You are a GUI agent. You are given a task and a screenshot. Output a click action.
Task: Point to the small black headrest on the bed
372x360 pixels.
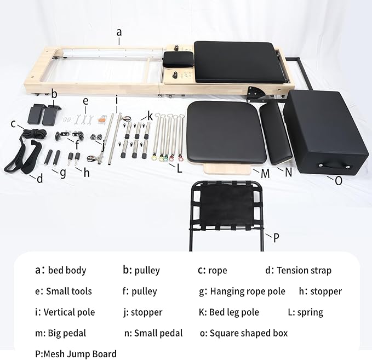click(x=177, y=58)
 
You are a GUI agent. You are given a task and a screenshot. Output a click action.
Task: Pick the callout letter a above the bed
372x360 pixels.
click(x=119, y=32)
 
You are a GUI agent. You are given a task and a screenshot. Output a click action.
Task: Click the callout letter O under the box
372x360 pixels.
click(x=339, y=180)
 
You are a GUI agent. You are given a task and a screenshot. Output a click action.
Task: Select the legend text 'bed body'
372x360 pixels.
click(x=67, y=270)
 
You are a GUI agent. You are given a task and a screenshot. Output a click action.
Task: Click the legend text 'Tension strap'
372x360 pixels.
click(x=304, y=270)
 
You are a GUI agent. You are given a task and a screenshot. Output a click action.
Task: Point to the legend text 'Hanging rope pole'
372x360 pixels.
click(x=248, y=292)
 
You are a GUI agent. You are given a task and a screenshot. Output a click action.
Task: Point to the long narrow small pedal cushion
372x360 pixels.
click(x=276, y=131)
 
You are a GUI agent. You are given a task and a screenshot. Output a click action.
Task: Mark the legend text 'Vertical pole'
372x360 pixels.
click(x=70, y=312)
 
